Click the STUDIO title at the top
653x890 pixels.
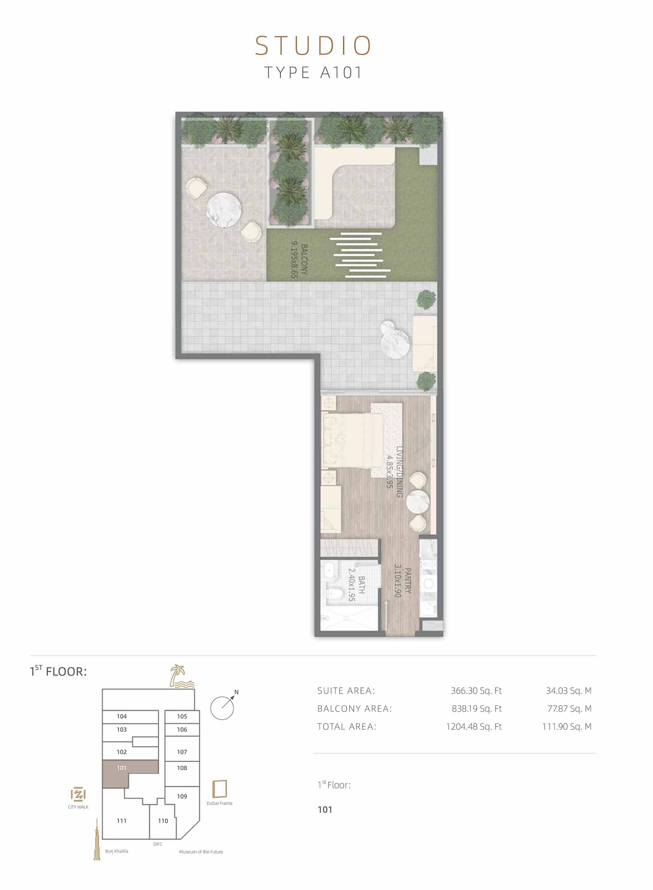(x=313, y=46)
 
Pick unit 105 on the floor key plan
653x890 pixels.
(x=182, y=717)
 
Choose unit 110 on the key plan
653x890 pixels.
(x=163, y=821)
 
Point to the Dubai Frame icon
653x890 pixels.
(x=220, y=789)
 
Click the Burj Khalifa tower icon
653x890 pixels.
(x=97, y=839)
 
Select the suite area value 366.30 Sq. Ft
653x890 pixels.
(x=476, y=691)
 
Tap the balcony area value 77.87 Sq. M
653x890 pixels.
(x=569, y=709)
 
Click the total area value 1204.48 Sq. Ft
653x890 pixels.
(x=474, y=727)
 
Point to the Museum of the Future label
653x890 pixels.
(x=201, y=852)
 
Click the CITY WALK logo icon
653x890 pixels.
(x=78, y=794)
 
